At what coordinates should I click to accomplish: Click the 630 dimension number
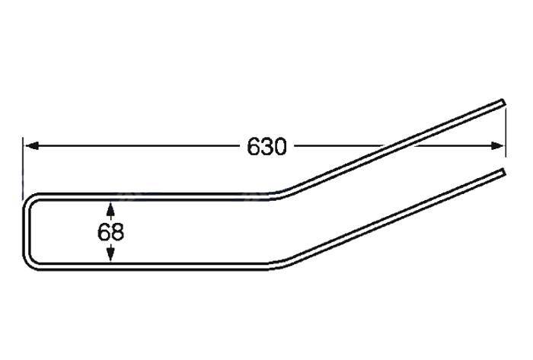(x=266, y=147)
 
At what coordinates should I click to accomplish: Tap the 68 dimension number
(x=110, y=232)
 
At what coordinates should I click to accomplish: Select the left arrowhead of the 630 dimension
(x=32, y=146)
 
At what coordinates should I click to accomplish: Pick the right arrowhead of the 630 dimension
(x=496, y=145)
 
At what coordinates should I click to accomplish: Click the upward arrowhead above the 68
(x=110, y=209)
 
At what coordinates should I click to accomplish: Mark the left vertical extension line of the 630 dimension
(x=22, y=169)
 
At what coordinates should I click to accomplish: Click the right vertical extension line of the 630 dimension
(x=506, y=131)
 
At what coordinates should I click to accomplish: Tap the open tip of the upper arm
(x=503, y=103)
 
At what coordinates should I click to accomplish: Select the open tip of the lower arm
(x=503, y=172)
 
